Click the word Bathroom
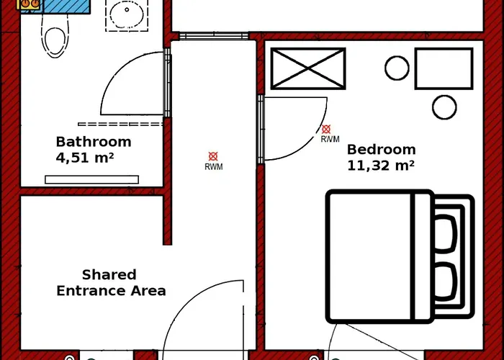click(94, 142)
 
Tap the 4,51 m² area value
click(85, 158)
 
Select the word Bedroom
click(381, 150)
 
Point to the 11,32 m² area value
click(381, 166)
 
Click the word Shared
click(109, 275)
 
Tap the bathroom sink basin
click(127, 13)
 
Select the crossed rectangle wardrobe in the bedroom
click(308, 68)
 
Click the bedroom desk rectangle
click(444, 68)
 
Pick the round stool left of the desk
click(397, 68)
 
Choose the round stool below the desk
click(444, 107)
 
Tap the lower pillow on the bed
click(446, 282)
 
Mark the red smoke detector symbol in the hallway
click(213, 156)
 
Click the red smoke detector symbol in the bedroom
click(326, 129)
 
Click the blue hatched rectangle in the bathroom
click(66, 6)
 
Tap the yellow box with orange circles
click(30, 4)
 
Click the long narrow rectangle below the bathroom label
click(92, 179)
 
